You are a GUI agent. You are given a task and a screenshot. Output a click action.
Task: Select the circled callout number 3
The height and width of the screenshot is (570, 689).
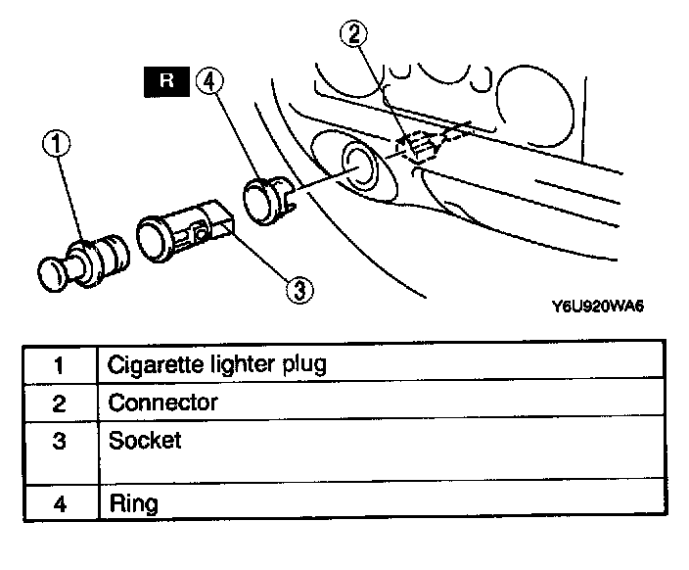click(x=298, y=289)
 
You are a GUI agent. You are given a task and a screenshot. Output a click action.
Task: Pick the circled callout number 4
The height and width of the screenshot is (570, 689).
click(x=207, y=80)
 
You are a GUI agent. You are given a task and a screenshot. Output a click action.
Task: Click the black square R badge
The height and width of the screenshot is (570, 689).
click(x=166, y=81)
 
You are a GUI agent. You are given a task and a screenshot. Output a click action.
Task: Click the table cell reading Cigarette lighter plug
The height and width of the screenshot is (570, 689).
click(x=216, y=364)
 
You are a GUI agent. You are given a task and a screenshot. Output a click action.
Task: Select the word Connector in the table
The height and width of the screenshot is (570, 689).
click(x=162, y=402)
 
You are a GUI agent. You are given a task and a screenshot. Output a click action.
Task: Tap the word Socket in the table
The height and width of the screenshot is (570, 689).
click(x=145, y=440)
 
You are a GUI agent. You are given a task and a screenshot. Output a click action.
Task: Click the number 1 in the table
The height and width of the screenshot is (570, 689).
click(x=58, y=365)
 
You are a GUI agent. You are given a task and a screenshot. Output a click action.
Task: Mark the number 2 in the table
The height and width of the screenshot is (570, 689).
click(x=58, y=403)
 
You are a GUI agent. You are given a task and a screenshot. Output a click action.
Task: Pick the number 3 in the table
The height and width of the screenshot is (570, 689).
click(x=58, y=442)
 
